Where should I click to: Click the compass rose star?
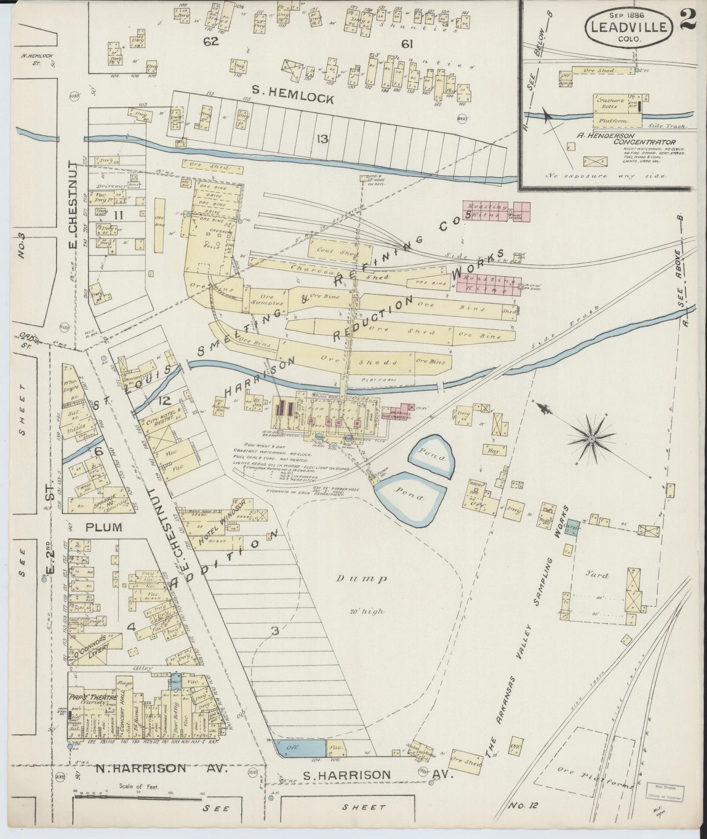point(592,439)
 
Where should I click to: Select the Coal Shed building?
point(333,250)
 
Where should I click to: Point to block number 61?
point(407,44)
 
